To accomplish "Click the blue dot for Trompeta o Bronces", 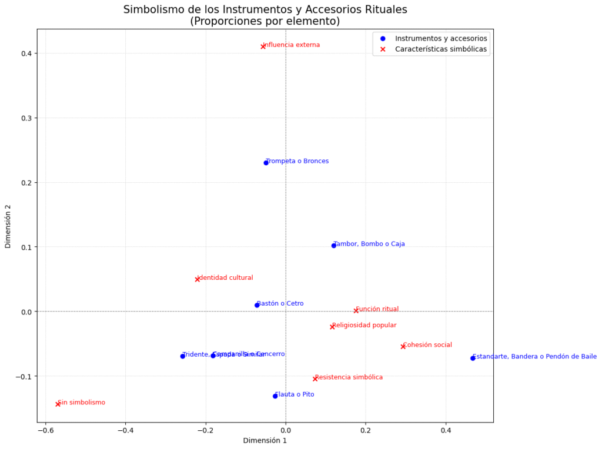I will pyautogui.click(x=266, y=163).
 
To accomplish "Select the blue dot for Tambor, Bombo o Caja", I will pyautogui.click(x=333, y=246).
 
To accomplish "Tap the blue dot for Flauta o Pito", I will pyautogui.click(x=275, y=396).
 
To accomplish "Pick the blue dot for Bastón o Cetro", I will pyautogui.click(x=257, y=305).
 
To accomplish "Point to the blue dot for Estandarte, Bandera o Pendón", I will pyautogui.click(x=473, y=358).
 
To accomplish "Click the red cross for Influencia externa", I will pyautogui.click(x=263, y=46).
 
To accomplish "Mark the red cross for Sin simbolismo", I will pyautogui.click(x=58, y=404).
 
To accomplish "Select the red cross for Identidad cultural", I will pyautogui.click(x=197, y=279).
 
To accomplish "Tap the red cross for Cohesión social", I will pyautogui.click(x=403, y=347).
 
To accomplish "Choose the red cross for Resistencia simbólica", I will pyautogui.click(x=315, y=379).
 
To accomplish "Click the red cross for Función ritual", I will pyautogui.click(x=356, y=311).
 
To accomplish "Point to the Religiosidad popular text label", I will pyautogui.click(x=364, y=325).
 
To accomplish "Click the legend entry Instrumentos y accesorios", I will pyautogui.click(x=441, y=38).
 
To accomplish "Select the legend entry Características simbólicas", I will pyautogui.click(x=441, y=49).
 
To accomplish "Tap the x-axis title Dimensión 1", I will pyautogui.click(x=265, y=440).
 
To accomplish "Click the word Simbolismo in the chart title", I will pyautogui.click(x=155, y=9).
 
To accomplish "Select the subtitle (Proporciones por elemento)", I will pyautogui.click(x=265, y=21).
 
